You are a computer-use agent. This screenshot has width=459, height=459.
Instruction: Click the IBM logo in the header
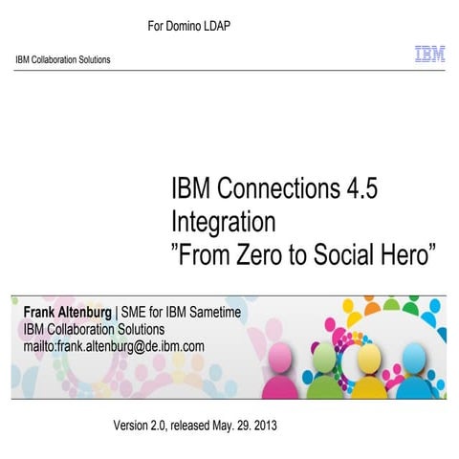[x=428, y=55]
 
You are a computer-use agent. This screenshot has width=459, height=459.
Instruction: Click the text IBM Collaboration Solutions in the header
[x=63, y=59]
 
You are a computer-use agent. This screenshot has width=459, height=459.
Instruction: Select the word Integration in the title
[x=224, y=222]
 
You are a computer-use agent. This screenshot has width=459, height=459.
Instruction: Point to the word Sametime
[x=217, y=313]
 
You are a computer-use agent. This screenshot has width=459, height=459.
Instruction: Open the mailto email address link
[x=114, y=345]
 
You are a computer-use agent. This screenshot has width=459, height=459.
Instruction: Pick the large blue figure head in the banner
[x=412, y=361]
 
